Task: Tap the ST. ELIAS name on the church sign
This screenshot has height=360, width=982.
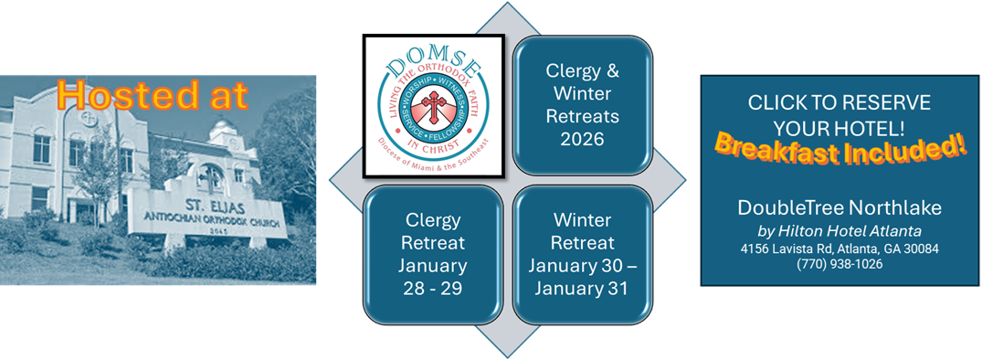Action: (x=206, y=205)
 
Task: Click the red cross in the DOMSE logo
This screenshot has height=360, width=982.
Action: (x=433, y=106)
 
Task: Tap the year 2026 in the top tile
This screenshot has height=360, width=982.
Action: (x=583, y=138)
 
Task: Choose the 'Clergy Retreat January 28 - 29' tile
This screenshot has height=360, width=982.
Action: (x=433, y=254)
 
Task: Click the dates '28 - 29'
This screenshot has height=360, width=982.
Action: (x=433, y=289)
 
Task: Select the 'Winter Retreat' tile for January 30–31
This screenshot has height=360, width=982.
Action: (x=583, y=254)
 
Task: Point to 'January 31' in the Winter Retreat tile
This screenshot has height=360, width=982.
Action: (x=583, y=289)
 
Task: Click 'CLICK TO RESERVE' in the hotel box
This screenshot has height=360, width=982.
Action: (x=839, y=102)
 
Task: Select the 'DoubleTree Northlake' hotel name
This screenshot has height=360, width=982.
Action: (x=839, y=207)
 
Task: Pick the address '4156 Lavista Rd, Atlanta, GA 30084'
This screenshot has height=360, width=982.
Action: (x=839, y=249)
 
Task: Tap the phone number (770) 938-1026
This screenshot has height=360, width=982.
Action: (x=839, y=264)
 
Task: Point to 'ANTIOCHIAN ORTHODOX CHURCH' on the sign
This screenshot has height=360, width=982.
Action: (x=207, y=219)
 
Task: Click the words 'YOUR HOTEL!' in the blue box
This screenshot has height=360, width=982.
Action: (x=839, y=128)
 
